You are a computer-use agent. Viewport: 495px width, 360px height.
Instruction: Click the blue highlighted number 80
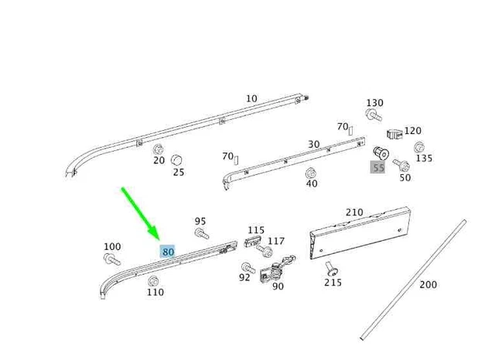[167, 252]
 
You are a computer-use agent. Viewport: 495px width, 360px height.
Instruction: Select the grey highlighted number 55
[378, 167]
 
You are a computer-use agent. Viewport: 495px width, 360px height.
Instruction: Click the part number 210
[354, 212]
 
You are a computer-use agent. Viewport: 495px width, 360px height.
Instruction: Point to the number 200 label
[428, 284]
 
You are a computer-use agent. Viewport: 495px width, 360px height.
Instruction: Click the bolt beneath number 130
[374, 115]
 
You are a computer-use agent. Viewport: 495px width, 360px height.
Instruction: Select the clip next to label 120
[394, 134]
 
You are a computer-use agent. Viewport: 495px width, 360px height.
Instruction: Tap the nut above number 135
[419, 147]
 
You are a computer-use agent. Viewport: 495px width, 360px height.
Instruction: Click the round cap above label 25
[176, 160]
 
